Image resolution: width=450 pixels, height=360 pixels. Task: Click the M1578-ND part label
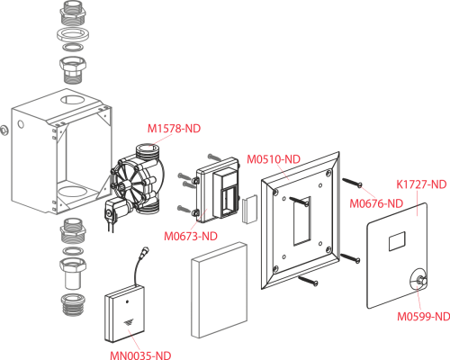coord(174,129)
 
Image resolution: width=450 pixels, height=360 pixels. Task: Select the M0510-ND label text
coord(274,159)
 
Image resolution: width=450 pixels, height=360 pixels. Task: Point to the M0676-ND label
coord(376,203)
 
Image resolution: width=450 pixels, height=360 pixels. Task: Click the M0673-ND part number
coord(191,236)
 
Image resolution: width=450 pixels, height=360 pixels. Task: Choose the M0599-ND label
coord(423,316)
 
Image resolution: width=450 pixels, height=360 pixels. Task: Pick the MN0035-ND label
coord(140,355)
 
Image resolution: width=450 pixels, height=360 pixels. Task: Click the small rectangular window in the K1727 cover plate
coord(397,241)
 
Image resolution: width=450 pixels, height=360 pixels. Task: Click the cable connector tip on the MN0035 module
coord(146,249)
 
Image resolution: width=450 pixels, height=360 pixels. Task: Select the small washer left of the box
coord(4,130)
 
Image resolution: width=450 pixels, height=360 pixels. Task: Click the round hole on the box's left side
coord(21,123)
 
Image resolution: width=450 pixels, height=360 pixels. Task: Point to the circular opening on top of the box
coord(73,99)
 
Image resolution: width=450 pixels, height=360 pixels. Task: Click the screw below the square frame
coord(308,280)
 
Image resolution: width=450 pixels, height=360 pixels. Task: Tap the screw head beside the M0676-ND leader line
coord(360,185)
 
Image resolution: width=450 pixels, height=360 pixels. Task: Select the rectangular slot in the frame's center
coord(301,220)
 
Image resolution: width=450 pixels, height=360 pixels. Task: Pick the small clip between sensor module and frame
coord(249,209)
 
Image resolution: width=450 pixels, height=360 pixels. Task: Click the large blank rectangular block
coord(220,290)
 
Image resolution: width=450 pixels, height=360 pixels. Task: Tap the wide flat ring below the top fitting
coord(73,34)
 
